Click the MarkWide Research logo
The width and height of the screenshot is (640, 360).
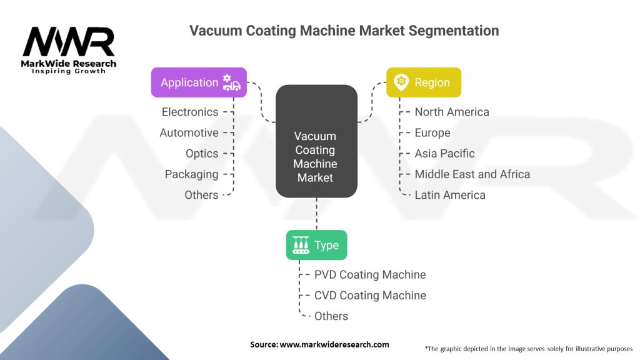coord(69,50)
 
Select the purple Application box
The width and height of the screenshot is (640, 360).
coord(199,82)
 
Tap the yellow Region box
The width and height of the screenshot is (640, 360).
coord(423,82)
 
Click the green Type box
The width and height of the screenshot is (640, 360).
coord(316,246)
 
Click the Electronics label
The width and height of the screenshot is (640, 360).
coord(190,112)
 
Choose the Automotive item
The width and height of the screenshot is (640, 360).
coord(189,132)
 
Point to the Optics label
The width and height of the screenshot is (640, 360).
coord(202,153)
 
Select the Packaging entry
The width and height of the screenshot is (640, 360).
coord(191,174)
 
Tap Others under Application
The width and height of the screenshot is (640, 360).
coord(201,195)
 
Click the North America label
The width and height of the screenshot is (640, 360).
coord(451,112)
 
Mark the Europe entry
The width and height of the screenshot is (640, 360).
coord(432,132)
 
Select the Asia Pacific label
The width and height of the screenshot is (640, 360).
coord(444,153)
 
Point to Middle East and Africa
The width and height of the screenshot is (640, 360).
coord(472,174)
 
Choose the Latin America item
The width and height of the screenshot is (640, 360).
coord(450,195)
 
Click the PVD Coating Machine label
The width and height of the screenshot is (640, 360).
coord(370,274)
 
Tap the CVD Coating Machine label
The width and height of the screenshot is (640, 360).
coord(370,295)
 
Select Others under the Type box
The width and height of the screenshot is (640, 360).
coord(331,316)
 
